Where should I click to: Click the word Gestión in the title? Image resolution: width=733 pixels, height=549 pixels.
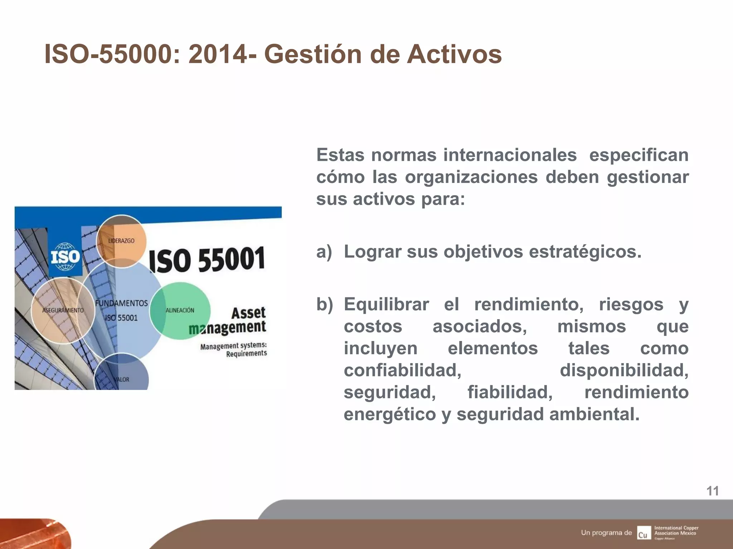tap(313, 54)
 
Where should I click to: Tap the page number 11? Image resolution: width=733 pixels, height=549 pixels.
tap(712, 491)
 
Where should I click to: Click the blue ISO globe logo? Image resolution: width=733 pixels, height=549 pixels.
tap(65, 257)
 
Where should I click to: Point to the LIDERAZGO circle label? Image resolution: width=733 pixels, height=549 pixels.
tap(121, 241)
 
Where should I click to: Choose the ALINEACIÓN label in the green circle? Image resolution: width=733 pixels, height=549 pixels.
tap(180, 310)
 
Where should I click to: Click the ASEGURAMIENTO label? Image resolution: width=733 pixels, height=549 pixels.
tap(63, 310)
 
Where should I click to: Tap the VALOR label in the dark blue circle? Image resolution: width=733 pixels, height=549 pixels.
tap(122, 379)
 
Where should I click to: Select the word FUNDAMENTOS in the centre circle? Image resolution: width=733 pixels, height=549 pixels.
tap(121, 303)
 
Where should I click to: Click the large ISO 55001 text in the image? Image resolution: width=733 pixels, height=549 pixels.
tap(207, 260)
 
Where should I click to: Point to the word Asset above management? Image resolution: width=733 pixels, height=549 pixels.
tap(248, 313)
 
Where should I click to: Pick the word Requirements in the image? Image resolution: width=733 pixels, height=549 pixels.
tap(246, 353)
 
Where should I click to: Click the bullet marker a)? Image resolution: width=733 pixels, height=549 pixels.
tap(324, 252)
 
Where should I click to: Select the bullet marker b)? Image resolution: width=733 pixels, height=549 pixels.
tap(324, 305)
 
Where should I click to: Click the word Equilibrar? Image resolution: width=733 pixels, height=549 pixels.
tap(386, 305)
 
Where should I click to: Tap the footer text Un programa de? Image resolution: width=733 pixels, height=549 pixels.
tap(606, 533)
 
